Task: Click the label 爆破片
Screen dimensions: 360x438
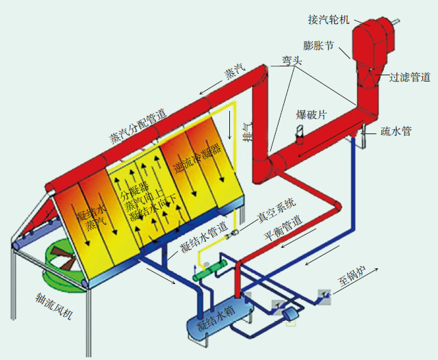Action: tap(311, 114)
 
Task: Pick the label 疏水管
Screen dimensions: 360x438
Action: tap(396, 130)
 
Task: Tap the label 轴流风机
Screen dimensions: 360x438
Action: tap(59, 306)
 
